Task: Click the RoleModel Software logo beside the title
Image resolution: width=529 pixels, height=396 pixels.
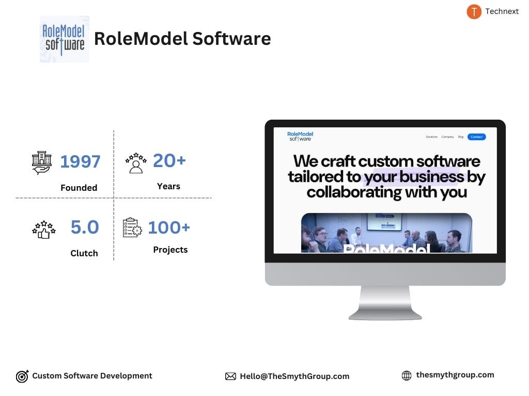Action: coord(64,39)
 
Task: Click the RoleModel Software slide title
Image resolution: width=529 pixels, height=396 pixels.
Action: coord(182,39)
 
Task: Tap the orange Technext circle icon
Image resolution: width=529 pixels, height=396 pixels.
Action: coord(474,11)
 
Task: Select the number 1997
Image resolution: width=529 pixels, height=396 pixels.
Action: coord(80,162)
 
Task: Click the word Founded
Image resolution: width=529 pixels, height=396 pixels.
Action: coord(79,188)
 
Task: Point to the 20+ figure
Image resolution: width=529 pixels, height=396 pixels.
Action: coord(169,161)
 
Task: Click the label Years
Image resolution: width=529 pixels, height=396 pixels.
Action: coord(168,186)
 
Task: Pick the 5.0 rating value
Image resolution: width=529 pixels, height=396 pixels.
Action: coord(84,227)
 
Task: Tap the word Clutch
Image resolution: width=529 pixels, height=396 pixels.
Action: coord(84,253)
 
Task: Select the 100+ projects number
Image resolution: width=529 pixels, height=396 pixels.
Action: coord(169,227)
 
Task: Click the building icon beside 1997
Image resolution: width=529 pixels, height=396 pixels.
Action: coord(42,162)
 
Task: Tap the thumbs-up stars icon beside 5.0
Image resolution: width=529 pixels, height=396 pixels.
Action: coord(43,228)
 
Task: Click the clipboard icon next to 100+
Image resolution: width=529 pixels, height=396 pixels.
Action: coord(132,227)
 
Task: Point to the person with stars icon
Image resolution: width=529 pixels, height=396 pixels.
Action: coord(136,162)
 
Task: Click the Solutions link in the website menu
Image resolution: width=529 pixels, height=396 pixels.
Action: coord(431,137)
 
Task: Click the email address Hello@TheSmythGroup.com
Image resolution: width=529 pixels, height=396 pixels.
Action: coord(294,376)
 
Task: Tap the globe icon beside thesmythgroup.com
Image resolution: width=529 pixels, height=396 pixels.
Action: coord(407,376)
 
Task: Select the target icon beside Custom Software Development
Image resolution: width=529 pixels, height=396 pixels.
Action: coord(22,376)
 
